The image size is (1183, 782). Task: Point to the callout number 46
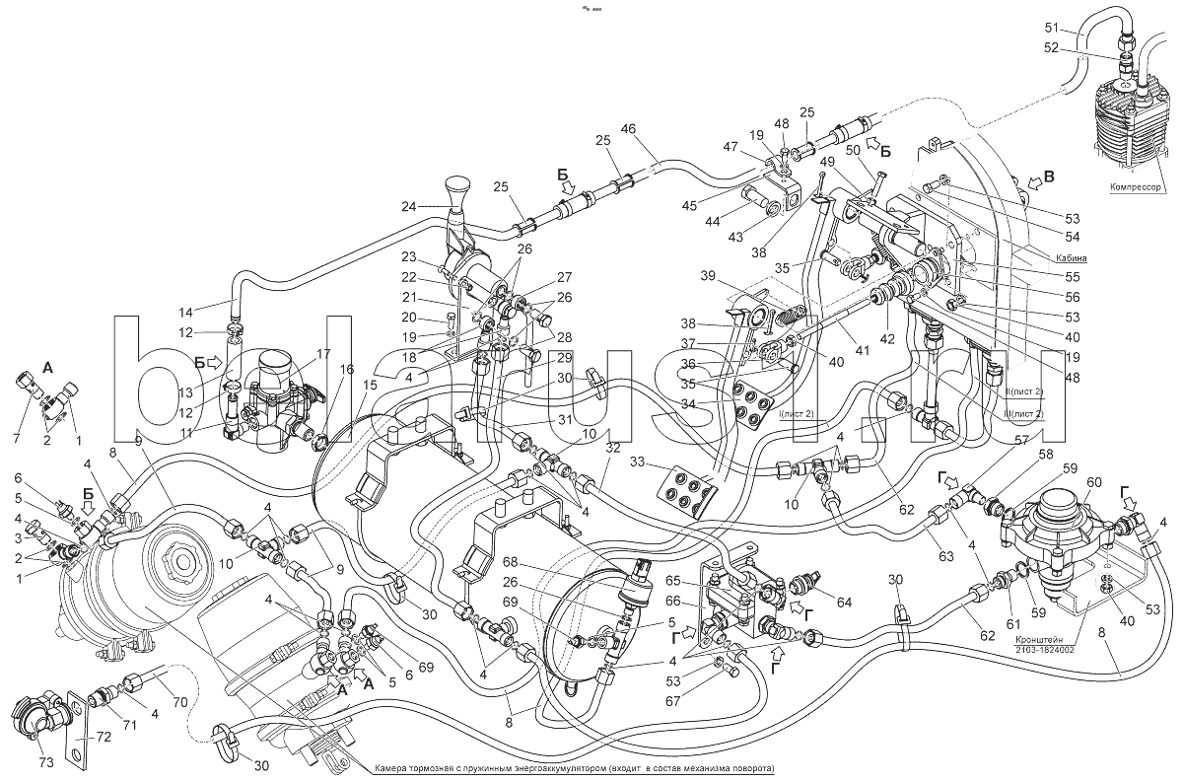[x=629, y=129]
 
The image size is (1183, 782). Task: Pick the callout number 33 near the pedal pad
[x=636, y=462]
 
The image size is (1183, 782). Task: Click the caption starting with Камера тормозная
[x=575, y=768]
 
